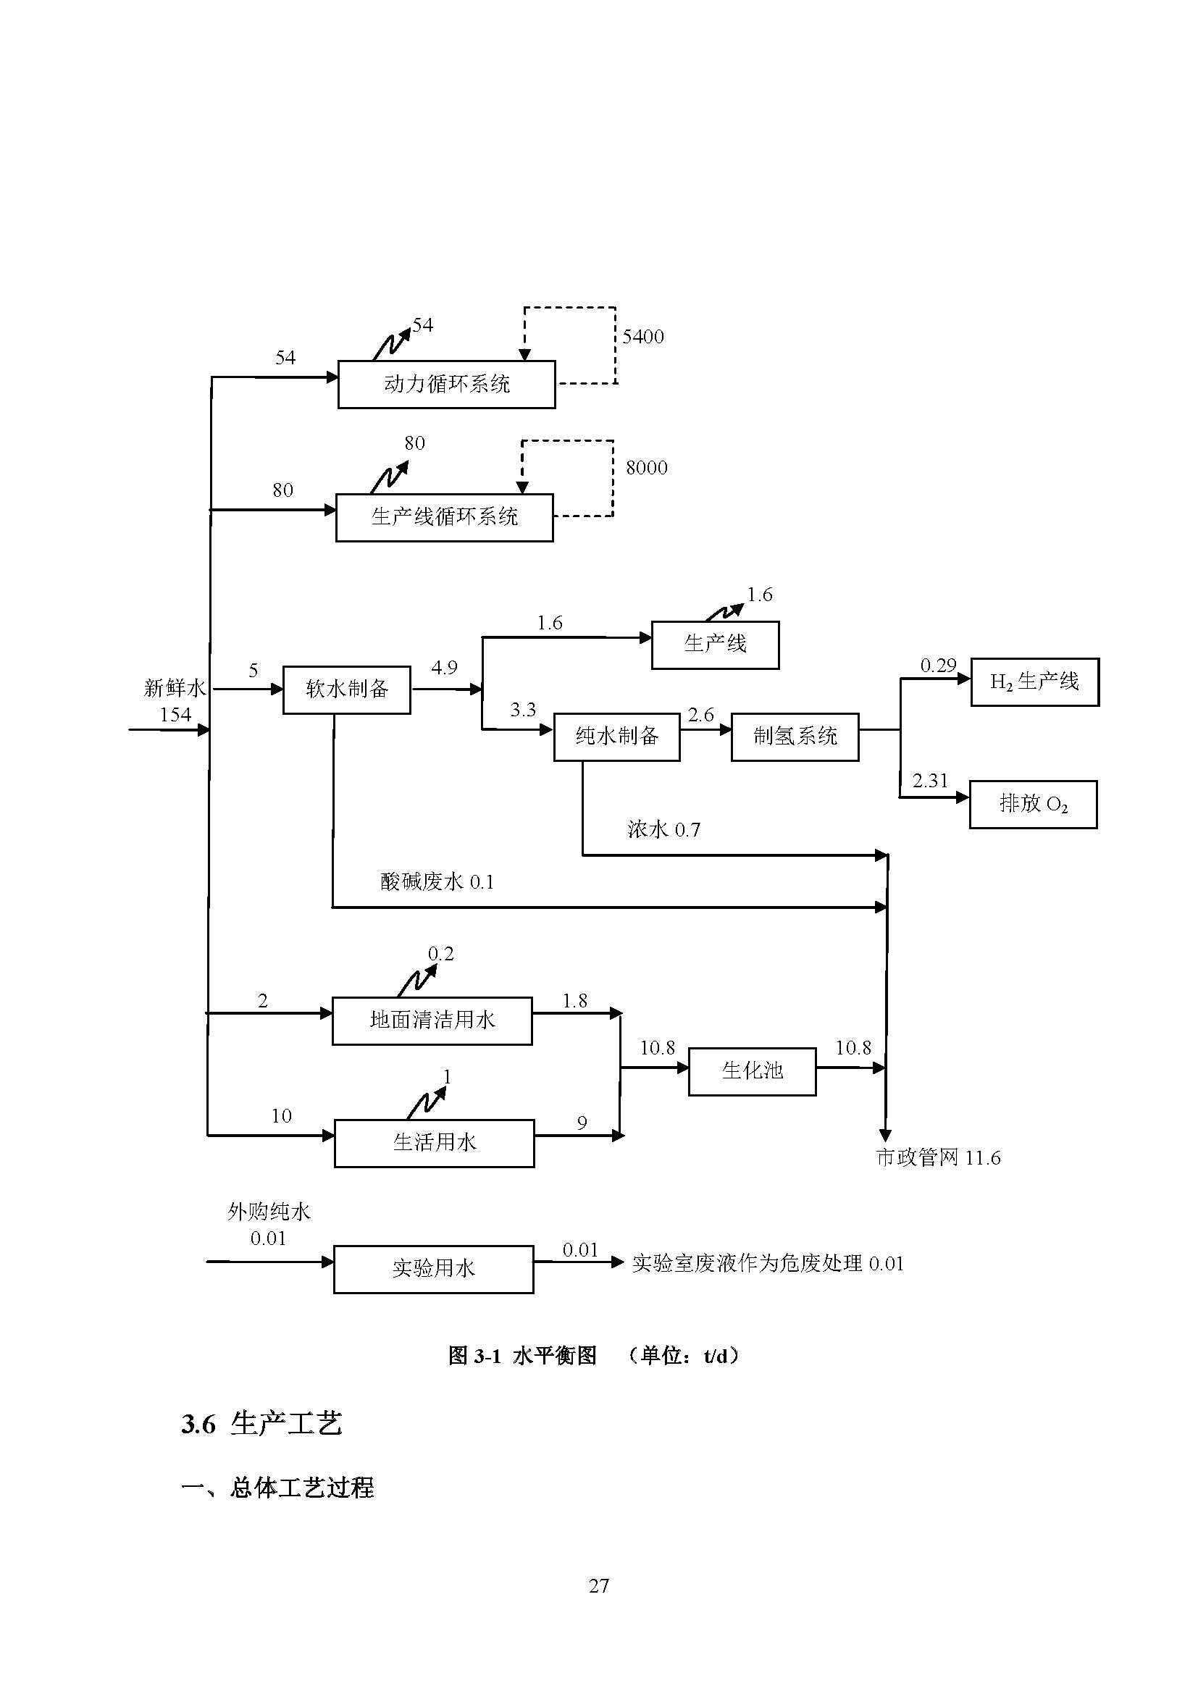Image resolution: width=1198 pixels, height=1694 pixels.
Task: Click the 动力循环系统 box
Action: pyautogui.click(x=446, y=385)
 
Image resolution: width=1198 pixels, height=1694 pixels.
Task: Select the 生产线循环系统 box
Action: pyautogui.click(x=444, y=517)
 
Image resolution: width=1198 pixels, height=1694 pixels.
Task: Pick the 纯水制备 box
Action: pyautogui.click(x=616, y=737)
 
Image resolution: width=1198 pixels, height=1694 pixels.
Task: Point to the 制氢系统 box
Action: pyautogui.click(x=795, y=737)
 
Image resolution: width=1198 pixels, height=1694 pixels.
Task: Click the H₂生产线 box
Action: pyautogui.click(x=1034, y=682)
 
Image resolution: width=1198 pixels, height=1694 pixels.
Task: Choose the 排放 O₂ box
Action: pyautogui.click(x=1033, y=804)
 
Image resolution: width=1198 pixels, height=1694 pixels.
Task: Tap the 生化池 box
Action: pyautogui.click(x=752, y=1071)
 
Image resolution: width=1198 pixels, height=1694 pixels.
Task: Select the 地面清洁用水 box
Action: pyautogui.click(x=432, y=1020)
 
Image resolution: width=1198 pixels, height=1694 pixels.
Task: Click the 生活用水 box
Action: pyautogui.click(x=435, y=1143)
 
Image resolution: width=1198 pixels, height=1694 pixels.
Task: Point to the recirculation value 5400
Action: pyautogui.click(x=642, y=337)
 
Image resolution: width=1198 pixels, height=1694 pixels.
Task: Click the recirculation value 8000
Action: pyautogui.click(x=646, y=468)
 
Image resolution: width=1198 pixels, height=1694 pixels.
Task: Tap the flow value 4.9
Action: pyautogui.click(x=444, y=668)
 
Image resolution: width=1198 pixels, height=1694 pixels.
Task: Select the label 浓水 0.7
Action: pyautogui.click(x=664, y=830)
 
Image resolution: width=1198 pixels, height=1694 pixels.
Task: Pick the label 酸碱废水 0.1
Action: pyautogui.click(x=437, y=881)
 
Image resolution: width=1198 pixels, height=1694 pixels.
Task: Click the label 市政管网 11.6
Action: pyautogui.click(x=937, y=1157)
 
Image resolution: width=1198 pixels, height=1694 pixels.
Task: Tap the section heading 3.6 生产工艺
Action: pyautogui.click(x=262, y=1423)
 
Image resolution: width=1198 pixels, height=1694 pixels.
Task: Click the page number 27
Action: pyautogui.click(x=599, y=1585)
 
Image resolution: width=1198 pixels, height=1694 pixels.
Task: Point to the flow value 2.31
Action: pyautogui.click(x=929, y=781)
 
